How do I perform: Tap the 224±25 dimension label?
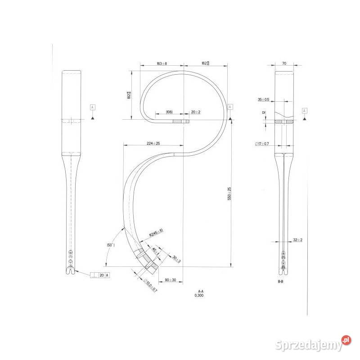[x=153, y=144]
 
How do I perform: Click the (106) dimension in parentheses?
[x=170, y=112]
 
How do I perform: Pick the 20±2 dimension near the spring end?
[x=195, y=112]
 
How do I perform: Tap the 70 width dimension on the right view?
[x=284, y=64]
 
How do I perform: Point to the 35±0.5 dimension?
[x=264, y=99]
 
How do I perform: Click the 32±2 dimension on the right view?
[x=297, y=240]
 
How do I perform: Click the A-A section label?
[x=201, y=291]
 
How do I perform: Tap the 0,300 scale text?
[x=201, y=296]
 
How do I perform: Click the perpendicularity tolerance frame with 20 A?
[x=100, y=274]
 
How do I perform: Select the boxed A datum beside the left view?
[x=92, y=107]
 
